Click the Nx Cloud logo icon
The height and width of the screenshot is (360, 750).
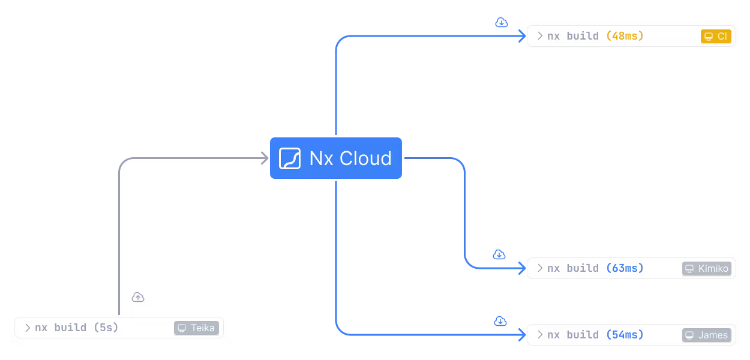tap(290, 158)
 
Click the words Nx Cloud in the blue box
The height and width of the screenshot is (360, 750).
tap(350, 158)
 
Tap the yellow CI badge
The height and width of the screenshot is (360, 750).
tap(716, 37)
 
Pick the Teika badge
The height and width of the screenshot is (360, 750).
tap(196, 328)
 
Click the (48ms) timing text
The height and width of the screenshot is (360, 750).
tap(625, 36)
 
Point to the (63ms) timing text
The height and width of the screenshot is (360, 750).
tap(625, 268)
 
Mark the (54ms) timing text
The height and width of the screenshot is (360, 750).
tap(625, 335)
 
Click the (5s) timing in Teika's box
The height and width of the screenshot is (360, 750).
tap(106, 328)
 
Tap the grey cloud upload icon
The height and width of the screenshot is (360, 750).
tap(138, 297)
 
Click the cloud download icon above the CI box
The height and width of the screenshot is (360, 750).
tap(502, 23)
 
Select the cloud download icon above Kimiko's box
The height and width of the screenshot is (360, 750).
tap(499, 255)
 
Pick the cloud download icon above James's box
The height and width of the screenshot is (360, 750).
tap(500, 322)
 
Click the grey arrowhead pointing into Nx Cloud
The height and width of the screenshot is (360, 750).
tap(263, 158)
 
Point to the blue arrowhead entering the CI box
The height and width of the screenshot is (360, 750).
tap(521, 36)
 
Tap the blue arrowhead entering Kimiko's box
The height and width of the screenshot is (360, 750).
tap(521, 268)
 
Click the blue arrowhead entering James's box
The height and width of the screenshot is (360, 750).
tap(521, 335)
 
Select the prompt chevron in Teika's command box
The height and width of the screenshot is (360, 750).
tap(28, 328)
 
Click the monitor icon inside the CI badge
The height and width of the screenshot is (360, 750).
tap(709, 37)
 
